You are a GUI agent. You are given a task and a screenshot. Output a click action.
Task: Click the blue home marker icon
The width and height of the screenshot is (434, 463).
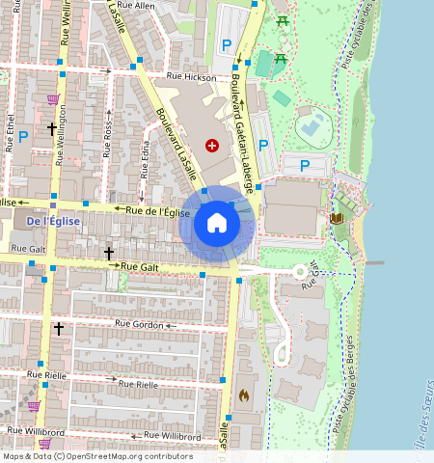(217, 224)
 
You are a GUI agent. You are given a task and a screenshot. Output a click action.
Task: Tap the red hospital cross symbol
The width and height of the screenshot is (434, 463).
(212, 145)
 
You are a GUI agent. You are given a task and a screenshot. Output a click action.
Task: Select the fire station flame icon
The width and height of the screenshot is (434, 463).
(244, 395)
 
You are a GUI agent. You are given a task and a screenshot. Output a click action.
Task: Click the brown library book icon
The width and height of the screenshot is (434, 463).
(337, 219)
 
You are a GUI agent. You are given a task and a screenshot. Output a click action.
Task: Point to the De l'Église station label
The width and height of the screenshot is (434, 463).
(54, 221)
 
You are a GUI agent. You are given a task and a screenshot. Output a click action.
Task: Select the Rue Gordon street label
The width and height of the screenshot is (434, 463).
(139, 324)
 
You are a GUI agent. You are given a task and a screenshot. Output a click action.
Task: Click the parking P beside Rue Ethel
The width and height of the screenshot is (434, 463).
(22, 136)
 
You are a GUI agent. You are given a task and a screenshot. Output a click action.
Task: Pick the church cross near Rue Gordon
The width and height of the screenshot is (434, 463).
(58, 329)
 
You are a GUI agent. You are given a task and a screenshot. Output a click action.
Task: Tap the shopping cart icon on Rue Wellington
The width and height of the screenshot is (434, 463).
(52, 98)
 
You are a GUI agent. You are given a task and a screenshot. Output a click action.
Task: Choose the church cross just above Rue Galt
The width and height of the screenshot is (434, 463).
(109, 253)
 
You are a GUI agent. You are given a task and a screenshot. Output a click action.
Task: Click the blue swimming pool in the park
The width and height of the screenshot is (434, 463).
(312, 124)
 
